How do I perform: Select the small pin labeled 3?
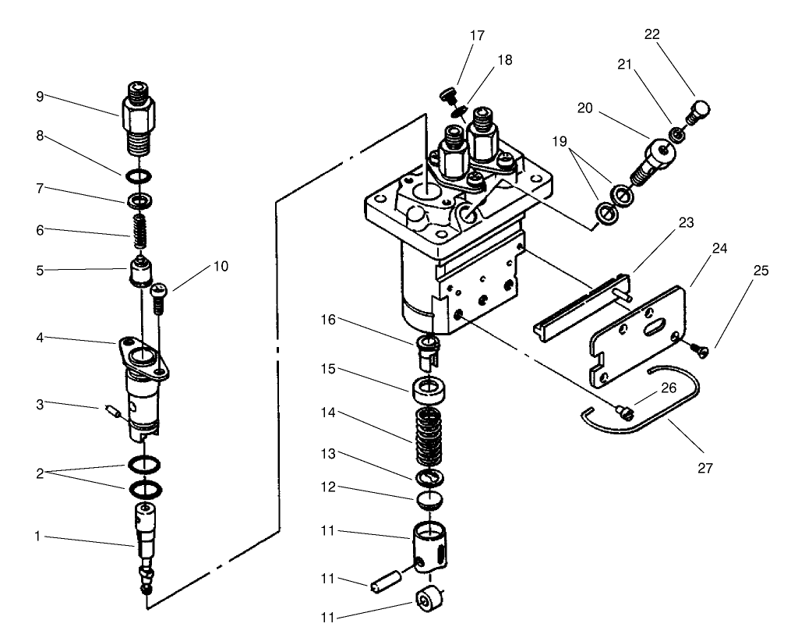(x=111, y=411)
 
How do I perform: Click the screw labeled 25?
(x=701, y=351)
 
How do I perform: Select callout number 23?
(x=686, y=221)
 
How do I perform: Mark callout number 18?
(x=505, y=60)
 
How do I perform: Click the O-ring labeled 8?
(x=137, y=172)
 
